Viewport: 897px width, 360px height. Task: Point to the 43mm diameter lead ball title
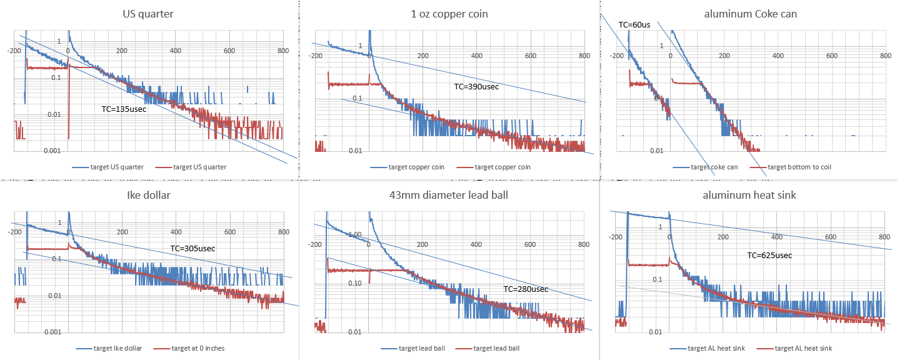(x=448, y=194)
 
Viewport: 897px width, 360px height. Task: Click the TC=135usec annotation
(x=124, y=109)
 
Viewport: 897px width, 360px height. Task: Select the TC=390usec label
(x=476, y=87)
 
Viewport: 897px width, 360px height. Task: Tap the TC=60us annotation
(x=634, y=25)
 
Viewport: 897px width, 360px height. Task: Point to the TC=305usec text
(x=193, y=249)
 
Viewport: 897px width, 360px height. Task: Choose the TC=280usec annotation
(x=526, y=289)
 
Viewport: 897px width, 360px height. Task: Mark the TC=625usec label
(x=769, y=255)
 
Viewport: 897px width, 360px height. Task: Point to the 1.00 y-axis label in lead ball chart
(x=354, y=234)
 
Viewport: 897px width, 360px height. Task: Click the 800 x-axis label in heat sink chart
(x=884, y=237)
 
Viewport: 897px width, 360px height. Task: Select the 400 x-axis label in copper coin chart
(x=476, y=56)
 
